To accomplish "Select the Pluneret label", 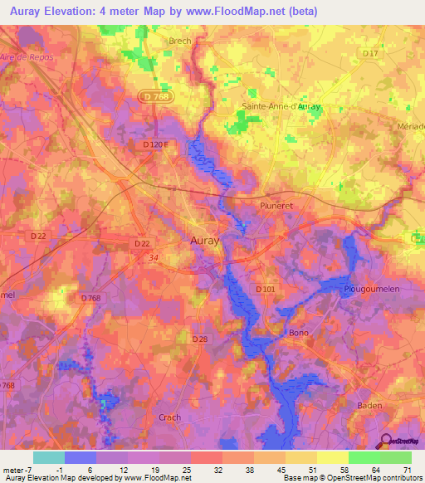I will [x=275, y=204].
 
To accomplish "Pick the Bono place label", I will [x=298, y=332].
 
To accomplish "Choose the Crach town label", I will [x=169, y=417].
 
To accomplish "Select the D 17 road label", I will [x=371, y=54].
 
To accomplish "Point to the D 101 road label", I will [x=266, y=288].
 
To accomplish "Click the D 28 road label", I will [x=199, y=339].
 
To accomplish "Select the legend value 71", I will [x=407, y=469].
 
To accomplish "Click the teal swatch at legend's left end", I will [x=48, y=457].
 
